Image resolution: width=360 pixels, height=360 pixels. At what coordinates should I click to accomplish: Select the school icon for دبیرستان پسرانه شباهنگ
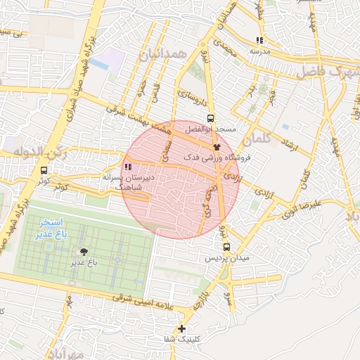(128, 167)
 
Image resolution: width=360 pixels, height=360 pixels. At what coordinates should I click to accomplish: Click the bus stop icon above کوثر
(44, 170)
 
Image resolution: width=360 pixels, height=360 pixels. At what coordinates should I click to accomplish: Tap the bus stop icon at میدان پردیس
(226, 247)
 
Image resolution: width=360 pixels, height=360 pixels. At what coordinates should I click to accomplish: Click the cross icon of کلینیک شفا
(182, 328)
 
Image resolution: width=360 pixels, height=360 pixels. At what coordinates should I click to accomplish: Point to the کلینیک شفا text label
(182, 339)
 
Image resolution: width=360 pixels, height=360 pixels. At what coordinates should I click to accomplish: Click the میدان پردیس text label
(227, 258)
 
